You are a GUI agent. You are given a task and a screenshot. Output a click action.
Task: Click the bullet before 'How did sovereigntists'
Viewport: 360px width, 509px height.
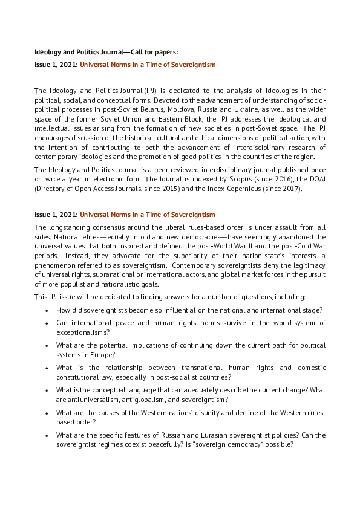(x=47, y=310)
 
